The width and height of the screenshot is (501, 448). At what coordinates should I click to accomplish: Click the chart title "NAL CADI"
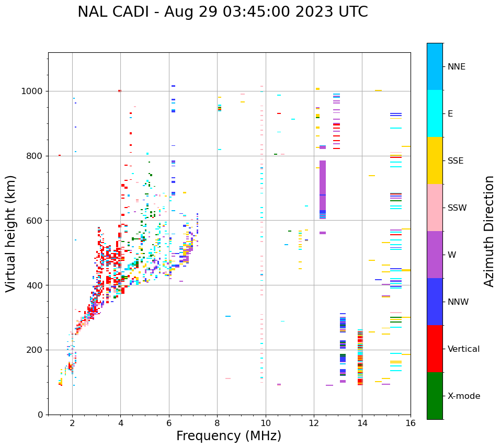pos(222,12)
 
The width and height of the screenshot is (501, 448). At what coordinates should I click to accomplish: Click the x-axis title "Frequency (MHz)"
pos(229,436)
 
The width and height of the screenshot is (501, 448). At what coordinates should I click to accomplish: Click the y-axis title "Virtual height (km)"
pos(11,233)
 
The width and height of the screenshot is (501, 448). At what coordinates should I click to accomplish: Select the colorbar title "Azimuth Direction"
pos(489,231)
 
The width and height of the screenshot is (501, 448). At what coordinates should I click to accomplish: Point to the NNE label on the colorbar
pos(456,67)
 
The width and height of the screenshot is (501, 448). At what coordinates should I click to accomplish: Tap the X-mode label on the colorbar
pos(463,396)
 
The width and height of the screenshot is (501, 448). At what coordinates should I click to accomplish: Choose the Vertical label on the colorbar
pos(463,349)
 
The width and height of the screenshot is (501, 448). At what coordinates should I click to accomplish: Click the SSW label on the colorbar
pos(457,208)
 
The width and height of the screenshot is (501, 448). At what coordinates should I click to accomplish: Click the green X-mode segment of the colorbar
pos(435,396)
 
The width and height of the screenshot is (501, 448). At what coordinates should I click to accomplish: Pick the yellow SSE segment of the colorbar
pos(435,160)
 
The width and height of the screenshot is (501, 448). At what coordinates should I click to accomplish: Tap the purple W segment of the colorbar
pos(435,255)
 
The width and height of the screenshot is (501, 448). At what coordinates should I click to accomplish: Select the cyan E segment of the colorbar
pos(435,113)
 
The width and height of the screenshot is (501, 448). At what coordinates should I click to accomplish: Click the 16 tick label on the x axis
pos(411,423)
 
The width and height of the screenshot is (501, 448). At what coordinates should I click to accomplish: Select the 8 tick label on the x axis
pos(217,423)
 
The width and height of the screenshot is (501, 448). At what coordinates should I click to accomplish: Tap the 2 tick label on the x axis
pos(72,423)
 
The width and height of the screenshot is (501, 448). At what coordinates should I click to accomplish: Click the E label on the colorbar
pos(450,114)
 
